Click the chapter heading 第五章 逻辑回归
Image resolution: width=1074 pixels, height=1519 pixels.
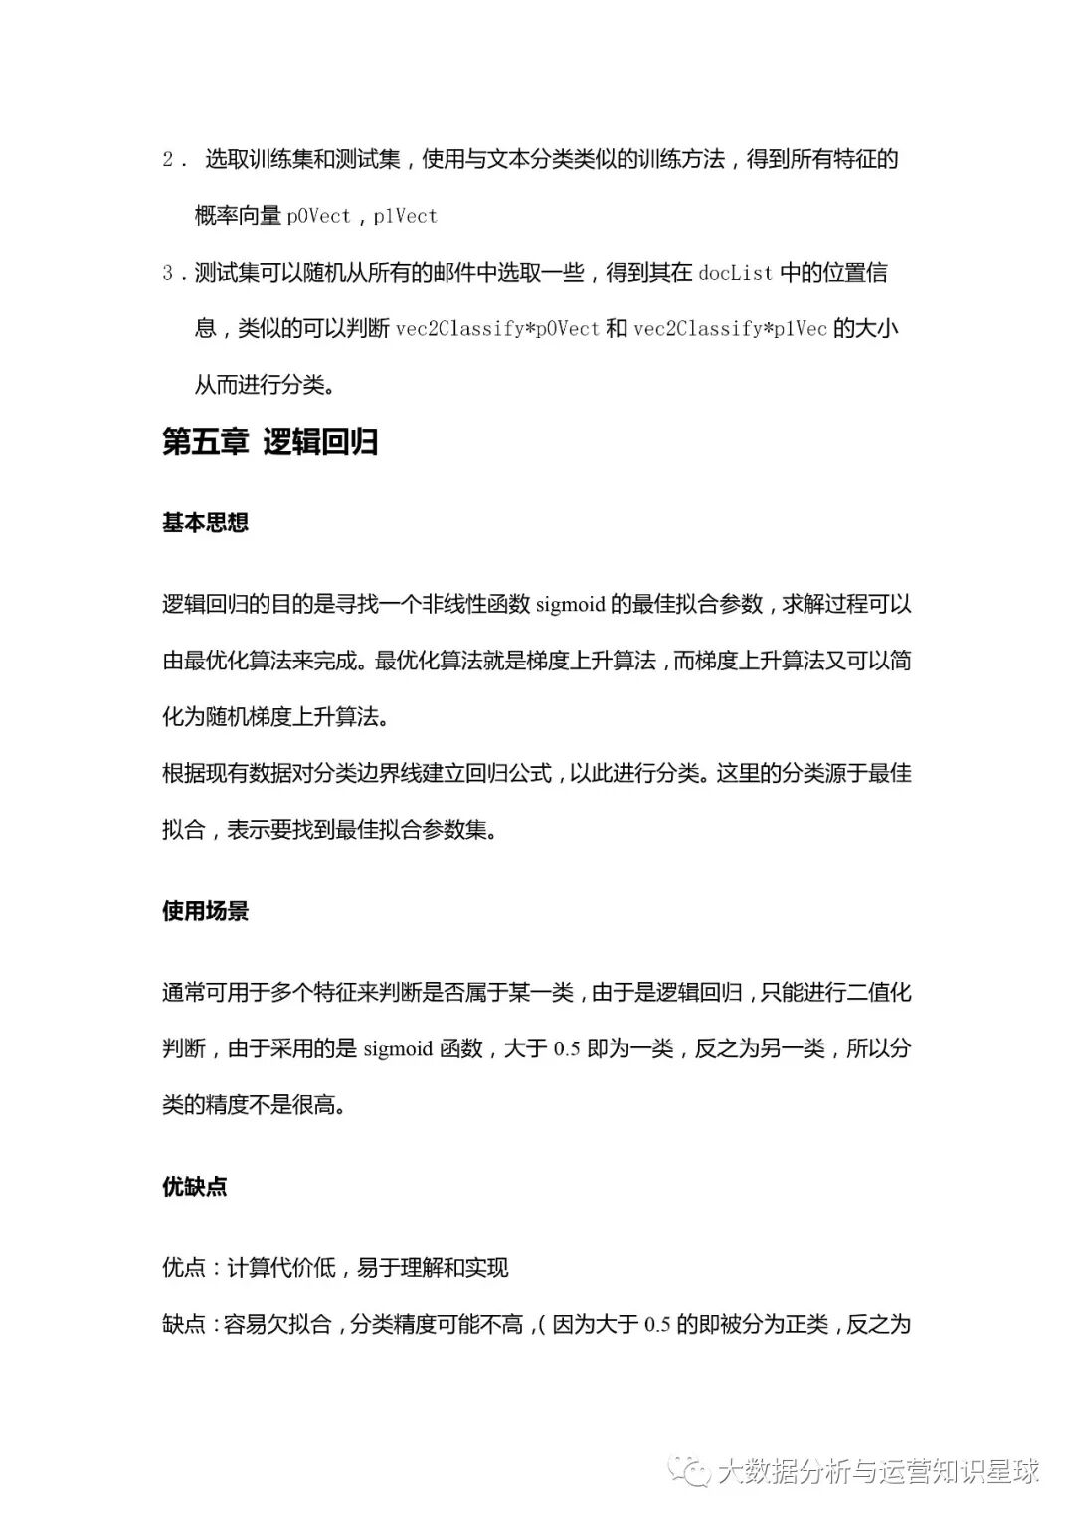(269, 442)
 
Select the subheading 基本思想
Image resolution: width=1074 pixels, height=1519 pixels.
(205, 523)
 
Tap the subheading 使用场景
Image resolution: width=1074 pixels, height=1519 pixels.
(205, 911)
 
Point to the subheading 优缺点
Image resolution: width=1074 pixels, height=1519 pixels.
(194, 1186)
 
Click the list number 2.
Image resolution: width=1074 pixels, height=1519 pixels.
(170, 159)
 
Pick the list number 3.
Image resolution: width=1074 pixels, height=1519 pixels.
(168, 273)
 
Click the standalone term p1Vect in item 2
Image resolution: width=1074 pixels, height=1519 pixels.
(405, 216)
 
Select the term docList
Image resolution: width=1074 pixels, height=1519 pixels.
(735, 273)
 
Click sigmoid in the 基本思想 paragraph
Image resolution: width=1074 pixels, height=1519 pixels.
(570, 605)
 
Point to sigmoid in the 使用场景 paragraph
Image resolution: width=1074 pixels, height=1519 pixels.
(398, 1048)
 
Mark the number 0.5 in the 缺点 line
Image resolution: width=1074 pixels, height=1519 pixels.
(657, 1325)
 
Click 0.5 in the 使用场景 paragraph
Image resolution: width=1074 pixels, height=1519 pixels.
(566, 1048)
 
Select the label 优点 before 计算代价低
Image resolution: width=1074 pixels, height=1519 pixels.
(184, 1268)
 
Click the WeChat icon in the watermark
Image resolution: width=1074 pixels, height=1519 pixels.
(689, 1471)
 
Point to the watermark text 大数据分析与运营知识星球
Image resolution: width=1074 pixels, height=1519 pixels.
(878, 1471)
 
